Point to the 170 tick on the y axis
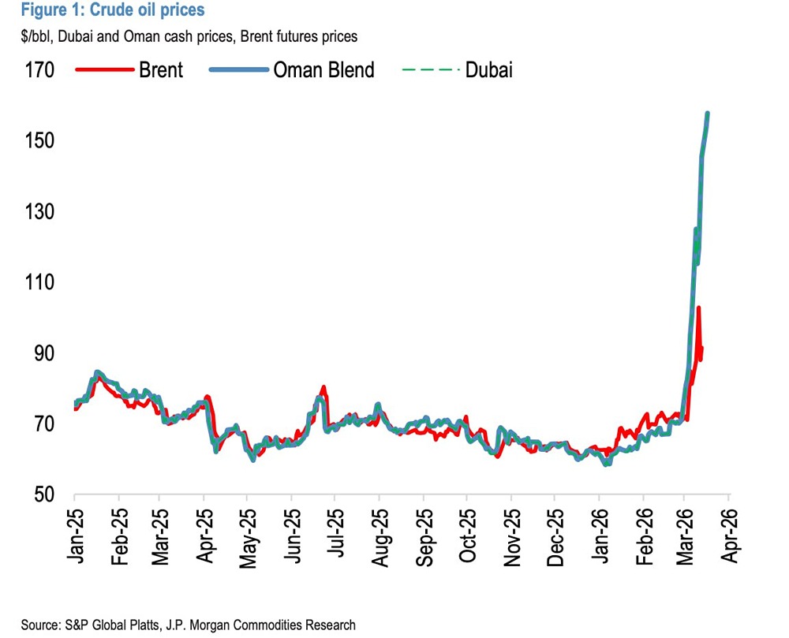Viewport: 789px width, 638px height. (x=39, y=69)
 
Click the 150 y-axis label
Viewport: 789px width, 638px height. (x=39, y=140)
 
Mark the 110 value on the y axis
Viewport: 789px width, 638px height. (x=39, y=282)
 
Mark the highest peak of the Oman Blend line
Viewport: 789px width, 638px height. (x=708, y=114)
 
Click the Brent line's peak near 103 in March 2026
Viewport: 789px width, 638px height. (x=699, y=308)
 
